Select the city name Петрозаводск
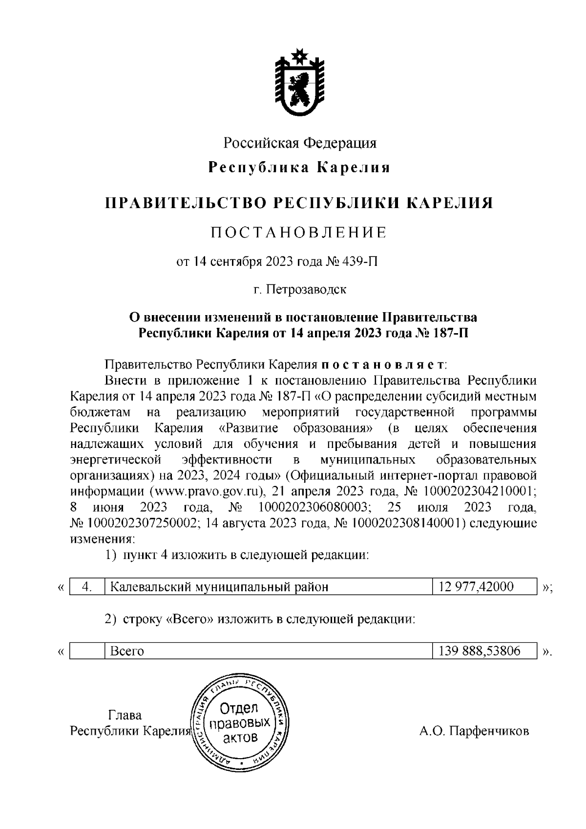[307, 289]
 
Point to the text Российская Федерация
[300, 143]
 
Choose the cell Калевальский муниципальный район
[219, 587]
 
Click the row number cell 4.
[87, 587]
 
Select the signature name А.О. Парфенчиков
[474, 731]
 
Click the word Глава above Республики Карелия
[125, 715]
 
